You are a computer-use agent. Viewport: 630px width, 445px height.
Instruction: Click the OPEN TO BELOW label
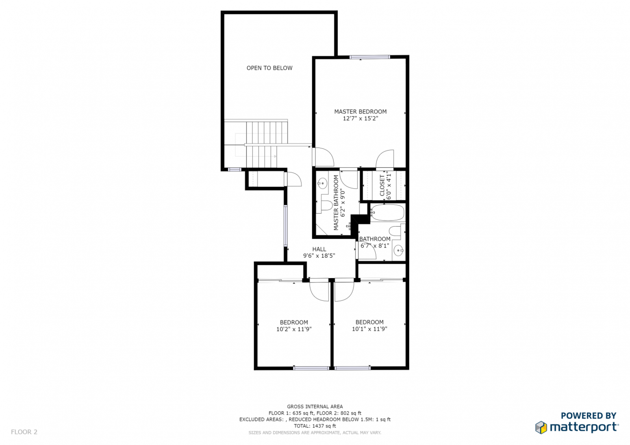tap(269, 68)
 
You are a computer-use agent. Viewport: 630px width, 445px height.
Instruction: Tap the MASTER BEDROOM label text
tap(360, 112)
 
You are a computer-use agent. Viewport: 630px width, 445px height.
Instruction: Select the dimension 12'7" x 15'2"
tap(360, 118)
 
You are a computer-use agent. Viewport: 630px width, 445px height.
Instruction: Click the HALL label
tap(319, 249)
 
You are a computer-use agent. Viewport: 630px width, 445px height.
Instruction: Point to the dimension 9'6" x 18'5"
tap(319, 256)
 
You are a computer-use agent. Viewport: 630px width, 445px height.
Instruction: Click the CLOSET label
tap(382, 186)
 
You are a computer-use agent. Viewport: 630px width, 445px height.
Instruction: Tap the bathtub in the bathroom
tap(387, 212)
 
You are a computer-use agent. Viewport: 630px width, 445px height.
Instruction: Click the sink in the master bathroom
tap(322, 183)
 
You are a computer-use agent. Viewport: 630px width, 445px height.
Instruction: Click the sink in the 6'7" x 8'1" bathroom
tap(398, 251)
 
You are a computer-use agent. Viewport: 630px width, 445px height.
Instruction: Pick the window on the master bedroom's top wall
tap(370, 57)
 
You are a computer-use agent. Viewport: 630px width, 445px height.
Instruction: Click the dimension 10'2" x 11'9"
tap(294, 329)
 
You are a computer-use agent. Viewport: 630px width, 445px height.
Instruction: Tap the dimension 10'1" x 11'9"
tap(370, 329)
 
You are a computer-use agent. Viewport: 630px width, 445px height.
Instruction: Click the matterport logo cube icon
tap(541, 427)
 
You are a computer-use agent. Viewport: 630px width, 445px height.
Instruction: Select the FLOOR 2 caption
tap(24, 432)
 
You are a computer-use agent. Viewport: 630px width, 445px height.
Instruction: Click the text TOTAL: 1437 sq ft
tap(315, 426)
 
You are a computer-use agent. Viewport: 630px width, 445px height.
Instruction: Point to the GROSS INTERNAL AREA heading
tap(315, 406)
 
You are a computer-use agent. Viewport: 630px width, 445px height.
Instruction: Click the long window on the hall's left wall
tap(285, 226)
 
